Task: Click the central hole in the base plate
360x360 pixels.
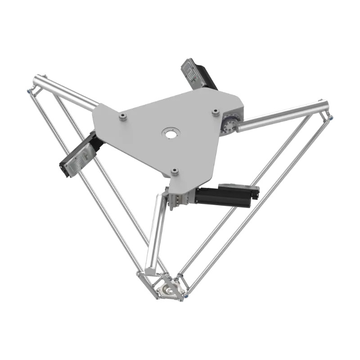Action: pos(171,134)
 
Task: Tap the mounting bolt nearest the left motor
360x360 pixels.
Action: pos(122,117)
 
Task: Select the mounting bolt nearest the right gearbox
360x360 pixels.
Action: pos(216,111)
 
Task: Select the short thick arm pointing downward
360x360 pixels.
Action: pos(156,234)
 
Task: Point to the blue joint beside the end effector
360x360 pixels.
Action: pos(184,296)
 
